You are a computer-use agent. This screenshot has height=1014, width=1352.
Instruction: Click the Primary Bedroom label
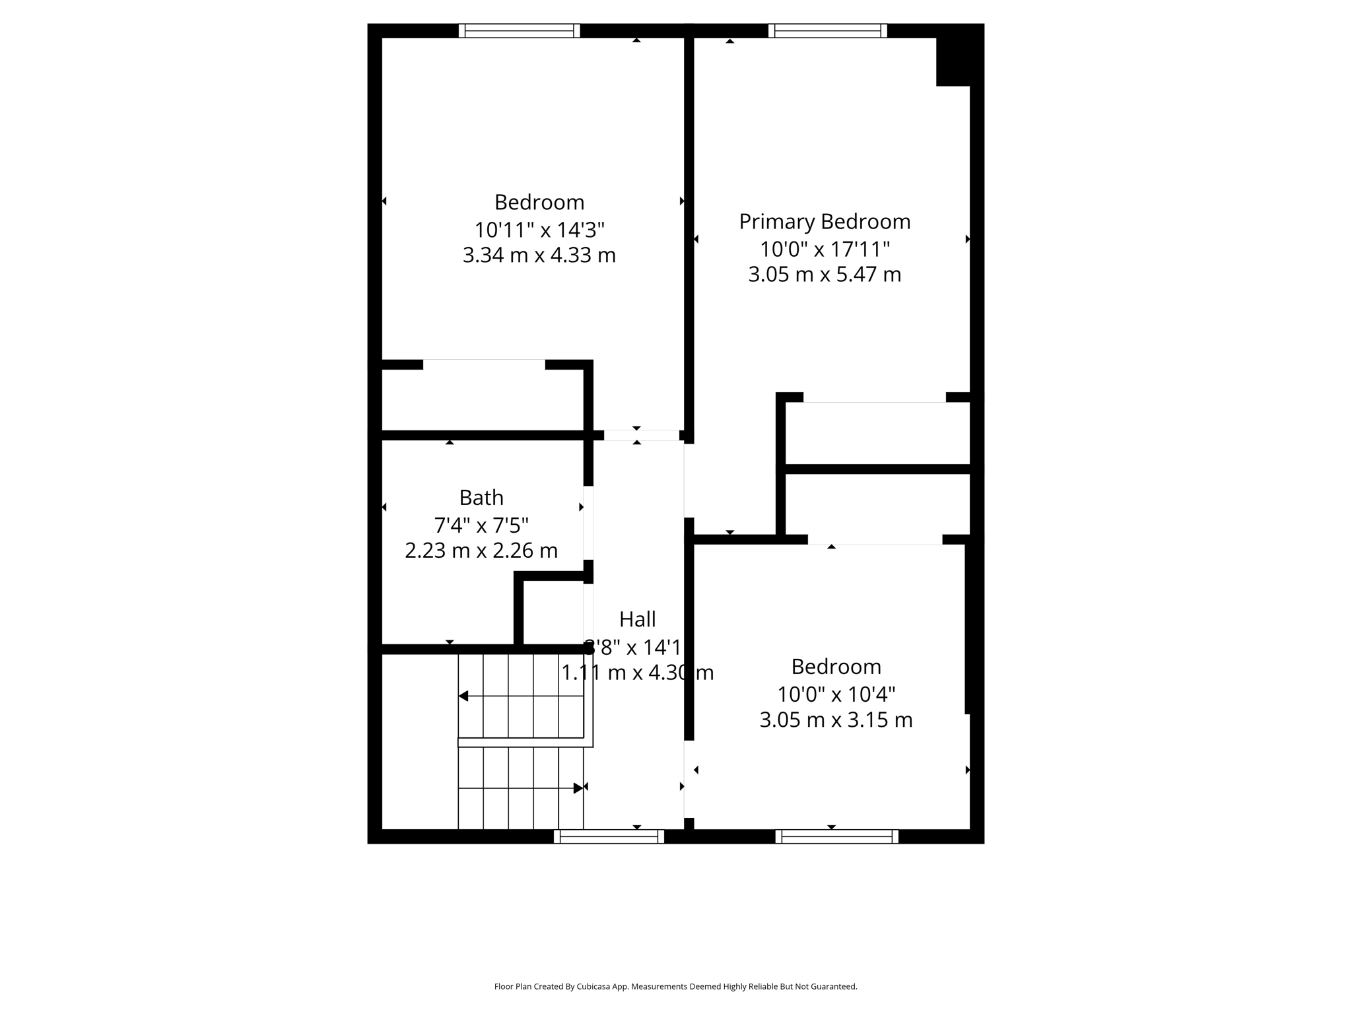coord(825,222)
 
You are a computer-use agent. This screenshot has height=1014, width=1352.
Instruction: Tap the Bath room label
coord(481,497)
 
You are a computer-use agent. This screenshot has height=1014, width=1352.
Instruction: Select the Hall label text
coord(637,619)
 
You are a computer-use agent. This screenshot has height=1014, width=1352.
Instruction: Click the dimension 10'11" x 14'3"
coord(539,230)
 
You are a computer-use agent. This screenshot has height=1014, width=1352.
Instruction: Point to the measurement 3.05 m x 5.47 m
coord(825,275)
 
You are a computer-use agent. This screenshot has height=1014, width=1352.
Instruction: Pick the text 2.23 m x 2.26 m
coord(481,551)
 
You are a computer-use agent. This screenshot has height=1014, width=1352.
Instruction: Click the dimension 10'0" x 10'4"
coord(836,694)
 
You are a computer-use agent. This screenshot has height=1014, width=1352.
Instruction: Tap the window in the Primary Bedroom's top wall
coord(828,30)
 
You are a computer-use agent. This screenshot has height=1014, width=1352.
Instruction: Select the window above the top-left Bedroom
coord(520,30)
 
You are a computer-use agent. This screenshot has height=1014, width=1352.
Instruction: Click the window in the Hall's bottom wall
coord(609,836)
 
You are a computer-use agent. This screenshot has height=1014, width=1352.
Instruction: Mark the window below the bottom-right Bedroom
coord(836,836)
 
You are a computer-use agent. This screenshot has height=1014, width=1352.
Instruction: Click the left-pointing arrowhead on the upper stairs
coord(463,696)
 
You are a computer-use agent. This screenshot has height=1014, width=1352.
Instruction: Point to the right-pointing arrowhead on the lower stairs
coord(578,788)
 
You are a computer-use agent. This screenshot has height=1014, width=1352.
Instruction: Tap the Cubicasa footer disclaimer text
coord(675,986)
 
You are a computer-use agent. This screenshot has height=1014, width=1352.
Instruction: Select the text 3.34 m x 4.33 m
coord(539,255)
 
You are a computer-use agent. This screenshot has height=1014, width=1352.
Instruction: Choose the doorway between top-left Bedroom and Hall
coord(641,435)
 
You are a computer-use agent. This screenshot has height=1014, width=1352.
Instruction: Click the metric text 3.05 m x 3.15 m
coord(836,720)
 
